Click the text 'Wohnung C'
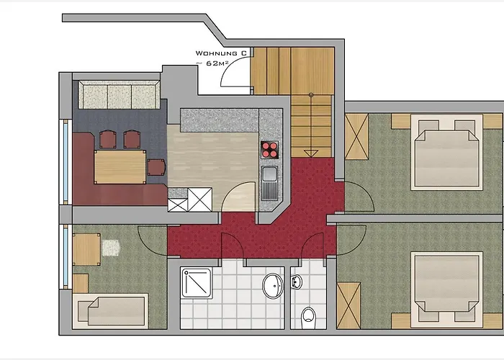click(x=221, y=53)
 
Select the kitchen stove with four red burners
click(x=269, y=150)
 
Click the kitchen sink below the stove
click(x=269, y=182)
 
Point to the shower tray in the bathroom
click(x=196, y=282)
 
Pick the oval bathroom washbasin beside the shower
click(x=273, y=286)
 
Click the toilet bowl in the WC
click(x=309, y=318)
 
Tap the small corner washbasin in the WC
click(x=297, y=282)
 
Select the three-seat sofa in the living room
click(x=119, y=95)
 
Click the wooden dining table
click(x=120, y=167)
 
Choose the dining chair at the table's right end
click(x=156, y=167)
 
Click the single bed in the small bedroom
click(x=110, y=311)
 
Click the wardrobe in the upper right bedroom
click(x=357, y=137)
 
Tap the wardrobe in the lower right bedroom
click(x=348, y=306)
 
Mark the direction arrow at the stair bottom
click(x=311, y=153)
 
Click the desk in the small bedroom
click(x=86, y=249)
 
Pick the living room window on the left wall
click(x=66, y=162)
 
